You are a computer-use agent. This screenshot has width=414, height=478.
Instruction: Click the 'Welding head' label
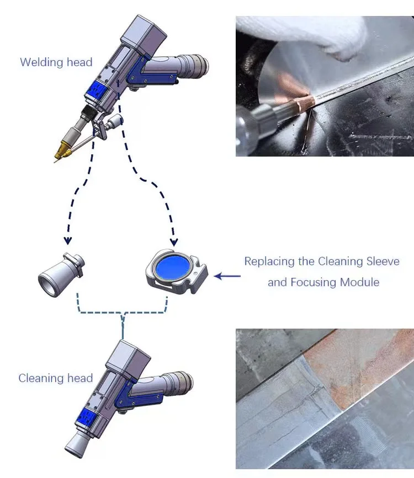point(56,62)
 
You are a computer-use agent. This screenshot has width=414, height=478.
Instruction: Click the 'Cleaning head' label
point(56,378)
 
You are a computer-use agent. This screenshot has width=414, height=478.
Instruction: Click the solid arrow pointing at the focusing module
point(227,276)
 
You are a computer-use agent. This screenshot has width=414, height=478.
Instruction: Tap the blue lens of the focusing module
point(173,267)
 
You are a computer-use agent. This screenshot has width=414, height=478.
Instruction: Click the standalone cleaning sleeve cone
point(61,275)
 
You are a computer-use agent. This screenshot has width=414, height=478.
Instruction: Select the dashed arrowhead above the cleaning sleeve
point(68,240)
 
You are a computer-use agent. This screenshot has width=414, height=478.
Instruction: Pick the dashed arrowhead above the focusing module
point(174,242)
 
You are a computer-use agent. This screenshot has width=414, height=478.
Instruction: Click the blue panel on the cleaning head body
point(86,417)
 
